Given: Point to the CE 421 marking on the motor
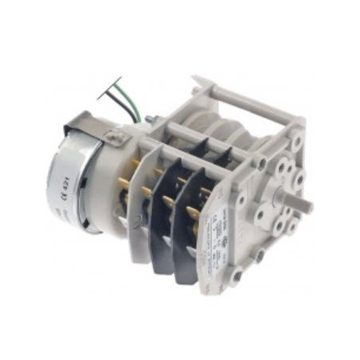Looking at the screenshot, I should click(66, 192).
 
